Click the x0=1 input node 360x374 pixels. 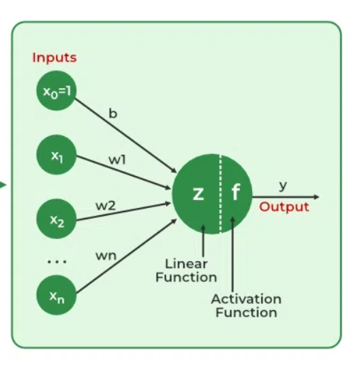click(56, 92)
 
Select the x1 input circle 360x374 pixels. click(56, 155)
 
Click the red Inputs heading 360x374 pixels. click(54, 57)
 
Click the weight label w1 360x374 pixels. click(117, 160)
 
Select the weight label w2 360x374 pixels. click(106, 205)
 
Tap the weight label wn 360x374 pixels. click(107, 255)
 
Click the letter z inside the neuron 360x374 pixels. click(199, 194)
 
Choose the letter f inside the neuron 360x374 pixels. click(235, 194)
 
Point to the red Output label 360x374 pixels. click(284, 207)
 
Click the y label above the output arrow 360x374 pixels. click(283, 185)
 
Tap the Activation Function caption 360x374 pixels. click(246, 306)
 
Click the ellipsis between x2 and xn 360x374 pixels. click(56, 261)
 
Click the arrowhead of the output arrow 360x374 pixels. click(315, 197)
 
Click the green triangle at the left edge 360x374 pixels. click(3, 186)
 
